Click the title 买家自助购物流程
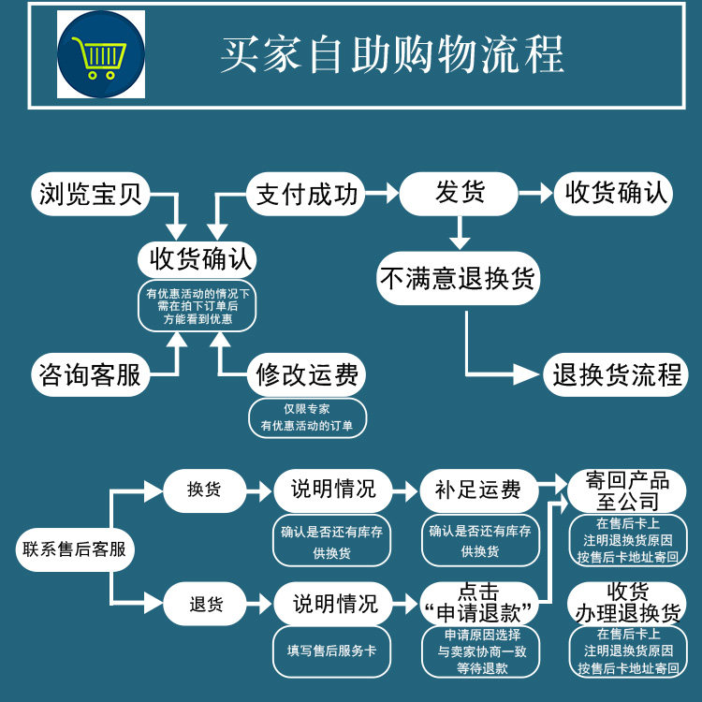392,54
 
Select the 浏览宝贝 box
91,194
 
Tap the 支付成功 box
306,194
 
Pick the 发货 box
459,194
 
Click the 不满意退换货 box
459,278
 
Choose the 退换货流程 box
616,374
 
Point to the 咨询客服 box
91,374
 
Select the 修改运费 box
306,374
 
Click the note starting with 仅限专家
307,417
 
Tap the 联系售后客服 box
75,549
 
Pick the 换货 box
205,490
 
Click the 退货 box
205,604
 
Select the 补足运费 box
479,490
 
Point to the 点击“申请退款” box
479,604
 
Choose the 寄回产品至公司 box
627,490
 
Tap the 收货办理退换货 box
627,603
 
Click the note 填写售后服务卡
331,651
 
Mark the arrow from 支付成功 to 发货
382,194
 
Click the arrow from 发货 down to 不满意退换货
460,233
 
